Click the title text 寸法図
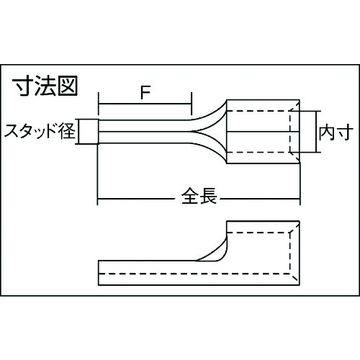coord(45,86)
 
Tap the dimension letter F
coord(145,92)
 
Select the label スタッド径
coord(40,131)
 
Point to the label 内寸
coord(336,132)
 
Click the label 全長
coord(199,196)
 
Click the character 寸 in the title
coord(23,86)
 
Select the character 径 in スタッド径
coord(68,131)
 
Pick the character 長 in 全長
coord(208,196)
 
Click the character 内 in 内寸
coord(327,132)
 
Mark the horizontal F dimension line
coord(145,104)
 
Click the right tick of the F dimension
coord(192,104)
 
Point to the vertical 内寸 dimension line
coord(316,132)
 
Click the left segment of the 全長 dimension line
coord(137,199)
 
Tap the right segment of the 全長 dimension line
coord(260,199)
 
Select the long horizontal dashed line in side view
coord(194,274)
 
